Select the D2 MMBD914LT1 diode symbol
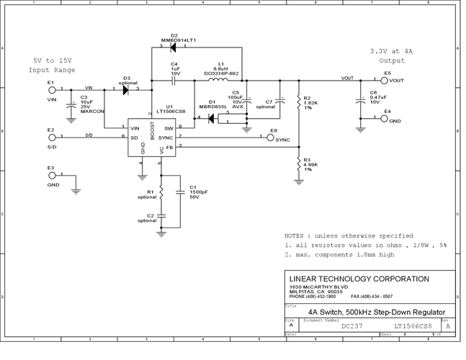point(173,48)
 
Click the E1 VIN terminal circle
point(51,90)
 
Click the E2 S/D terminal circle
point(51,137)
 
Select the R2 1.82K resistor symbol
point(297,104)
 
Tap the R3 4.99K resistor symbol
point(297,166)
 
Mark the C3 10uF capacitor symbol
point(72,104)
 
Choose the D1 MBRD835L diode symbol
point(212,118)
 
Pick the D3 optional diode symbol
point(127,90)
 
